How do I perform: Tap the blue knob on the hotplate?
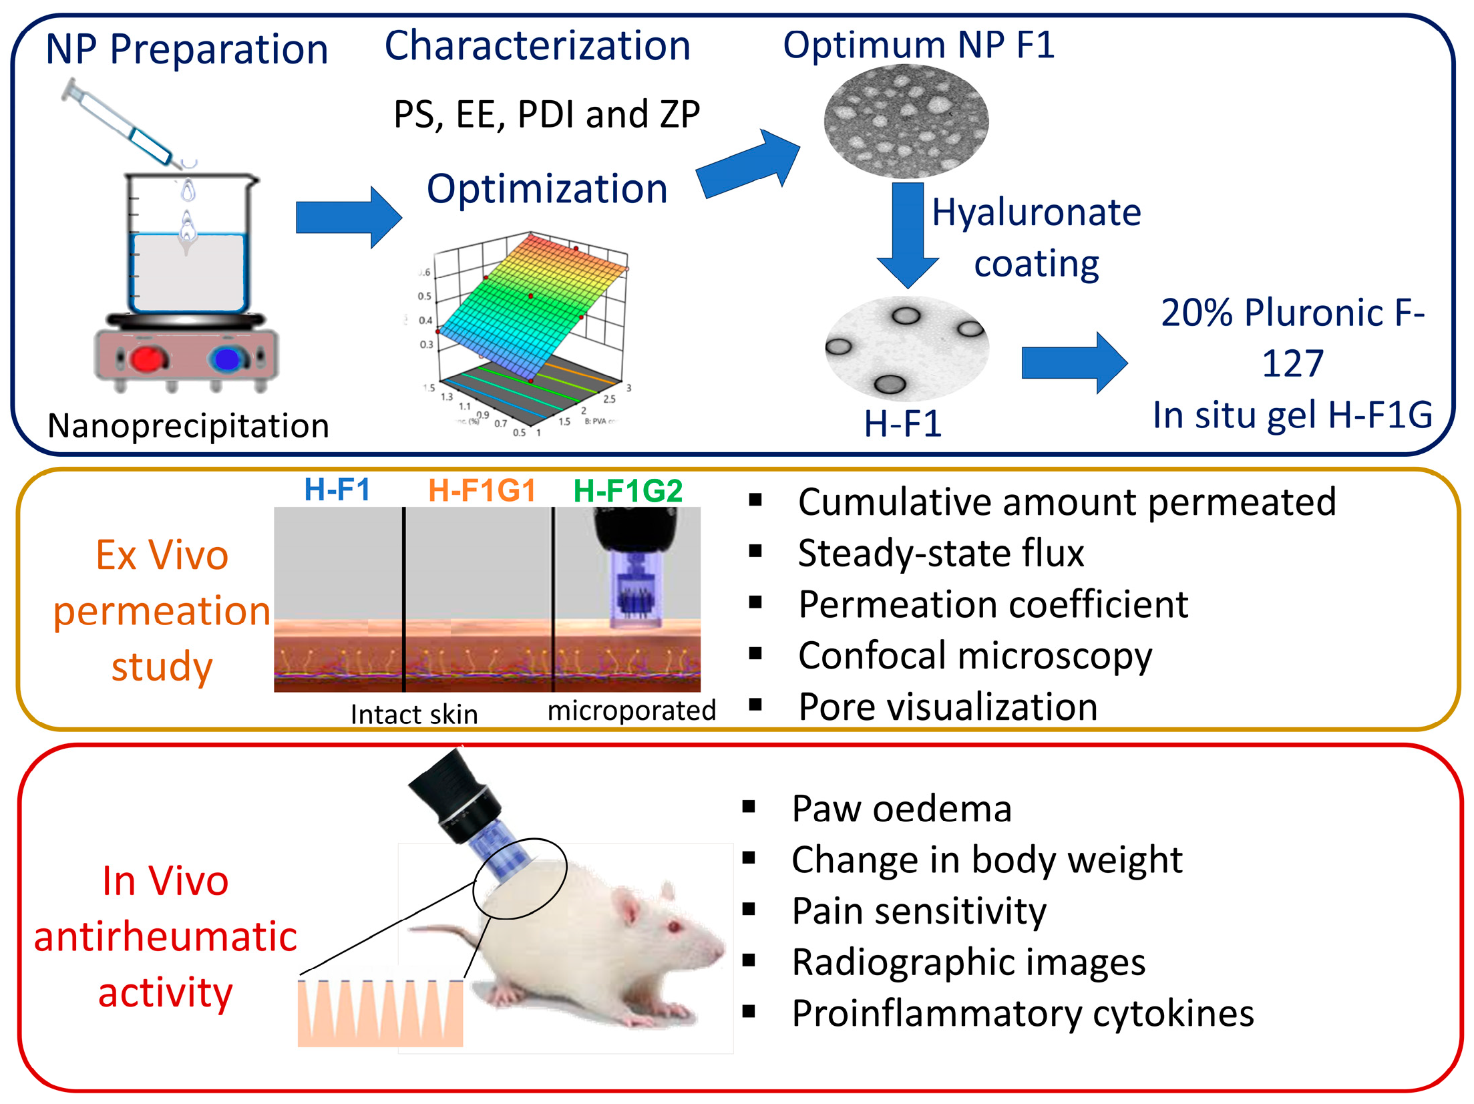[227, 359]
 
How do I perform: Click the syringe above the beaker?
[124, 124]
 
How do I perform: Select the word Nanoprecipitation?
[188, 425]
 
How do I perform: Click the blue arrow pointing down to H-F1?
[908, 234]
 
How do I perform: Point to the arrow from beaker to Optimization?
[347, 217]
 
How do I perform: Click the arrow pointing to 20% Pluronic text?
[1073, 363]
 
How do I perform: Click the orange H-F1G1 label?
[482, 491]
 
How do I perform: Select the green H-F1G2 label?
[628, 491]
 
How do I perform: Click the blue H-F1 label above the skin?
[337, 490]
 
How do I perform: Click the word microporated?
[631, 710]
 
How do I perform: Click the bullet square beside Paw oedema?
[749, 807]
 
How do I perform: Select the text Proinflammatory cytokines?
[1022, 1013]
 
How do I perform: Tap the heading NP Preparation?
[187, 49]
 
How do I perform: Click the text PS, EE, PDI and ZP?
[546, 114]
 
